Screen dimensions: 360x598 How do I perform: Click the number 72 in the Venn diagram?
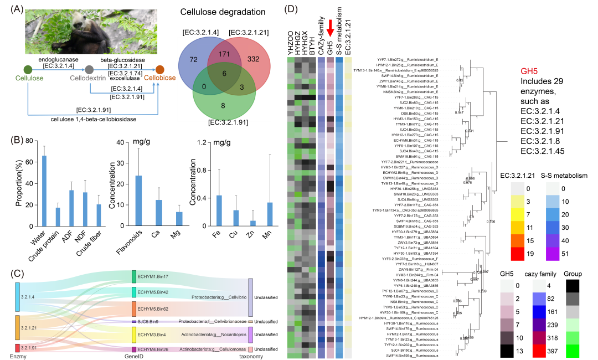[x=193, y=59]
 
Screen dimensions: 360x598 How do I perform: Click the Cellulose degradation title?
[x=233, y=12]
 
